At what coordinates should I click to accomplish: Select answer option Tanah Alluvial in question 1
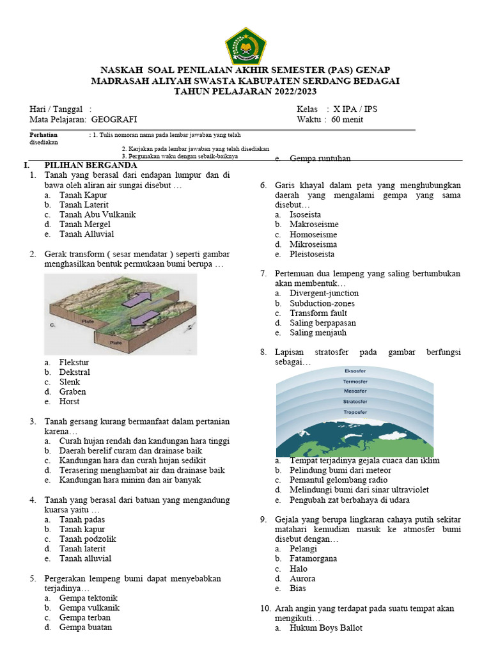[86, 234]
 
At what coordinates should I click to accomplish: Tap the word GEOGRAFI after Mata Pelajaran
[114, 120]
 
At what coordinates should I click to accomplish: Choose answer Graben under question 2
[72, 391]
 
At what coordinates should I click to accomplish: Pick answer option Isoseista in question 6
[305, 215]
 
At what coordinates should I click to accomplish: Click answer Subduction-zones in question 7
[322, 303]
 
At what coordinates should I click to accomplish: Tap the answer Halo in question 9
[298, 569]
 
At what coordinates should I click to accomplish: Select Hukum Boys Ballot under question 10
[325, 628]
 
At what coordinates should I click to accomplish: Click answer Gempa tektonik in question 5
[88, 598]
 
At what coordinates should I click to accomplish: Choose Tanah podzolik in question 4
[88, 539]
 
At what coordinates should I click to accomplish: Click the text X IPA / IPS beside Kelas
[352, 109]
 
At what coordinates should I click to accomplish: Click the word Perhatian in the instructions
[43, 135]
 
